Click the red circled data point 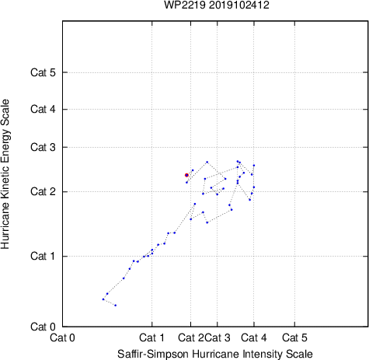pos(186,175)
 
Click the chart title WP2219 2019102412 pos(217,5)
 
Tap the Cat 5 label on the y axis pos(43,72)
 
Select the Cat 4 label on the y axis pos(43,109)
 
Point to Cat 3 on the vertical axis pos(43,147)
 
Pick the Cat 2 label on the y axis pos(43,192)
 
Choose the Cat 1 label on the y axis pos(43,256)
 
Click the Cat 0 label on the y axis pos(43,327)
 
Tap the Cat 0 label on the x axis pos(62,337)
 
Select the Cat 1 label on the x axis pos(151,337)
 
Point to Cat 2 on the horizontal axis pos(191,337)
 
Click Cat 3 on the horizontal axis pos(218,337)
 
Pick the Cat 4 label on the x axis pos(254,337)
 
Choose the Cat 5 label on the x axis pos(294,337)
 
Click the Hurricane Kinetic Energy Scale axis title pos(5,174)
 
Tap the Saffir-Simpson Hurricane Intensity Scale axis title pos(215,354)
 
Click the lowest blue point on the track pos(116,306)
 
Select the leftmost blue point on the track pos(103,299)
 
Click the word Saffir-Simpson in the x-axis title pos(153,354)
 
